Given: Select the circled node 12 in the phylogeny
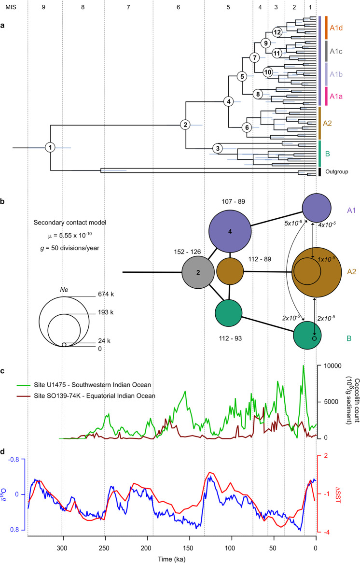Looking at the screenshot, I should [277, 32].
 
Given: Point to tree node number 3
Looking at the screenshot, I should [218, 148].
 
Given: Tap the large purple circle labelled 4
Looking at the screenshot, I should [230, 232].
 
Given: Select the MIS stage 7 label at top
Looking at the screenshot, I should [128, 7].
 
